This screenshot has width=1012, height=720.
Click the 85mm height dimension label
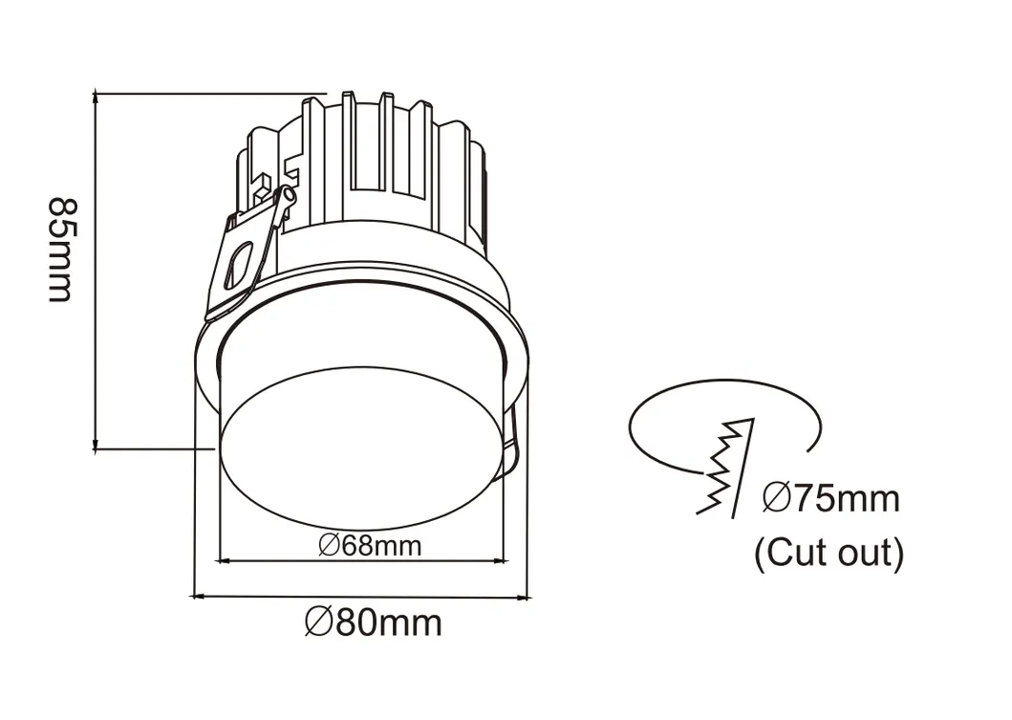pos(60,250)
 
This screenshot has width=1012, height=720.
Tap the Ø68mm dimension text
pos(370,546)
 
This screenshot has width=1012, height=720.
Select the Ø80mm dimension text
pos(374,623)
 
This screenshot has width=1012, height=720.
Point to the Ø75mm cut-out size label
pos(830,498)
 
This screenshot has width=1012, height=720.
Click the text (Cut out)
pos(829,554)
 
